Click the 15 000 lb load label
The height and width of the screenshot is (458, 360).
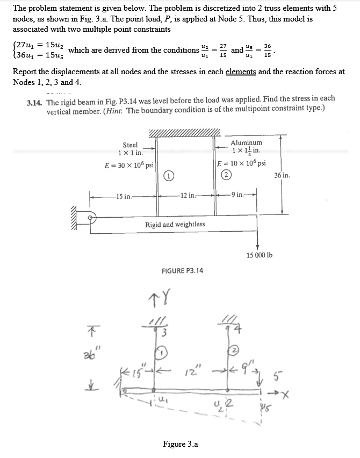point(259,254)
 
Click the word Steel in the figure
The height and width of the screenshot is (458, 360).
point(130,145)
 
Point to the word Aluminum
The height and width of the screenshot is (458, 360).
point(247,142)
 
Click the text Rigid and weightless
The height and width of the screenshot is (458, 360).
point(175,224)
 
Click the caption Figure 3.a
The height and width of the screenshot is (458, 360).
point(181,444)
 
